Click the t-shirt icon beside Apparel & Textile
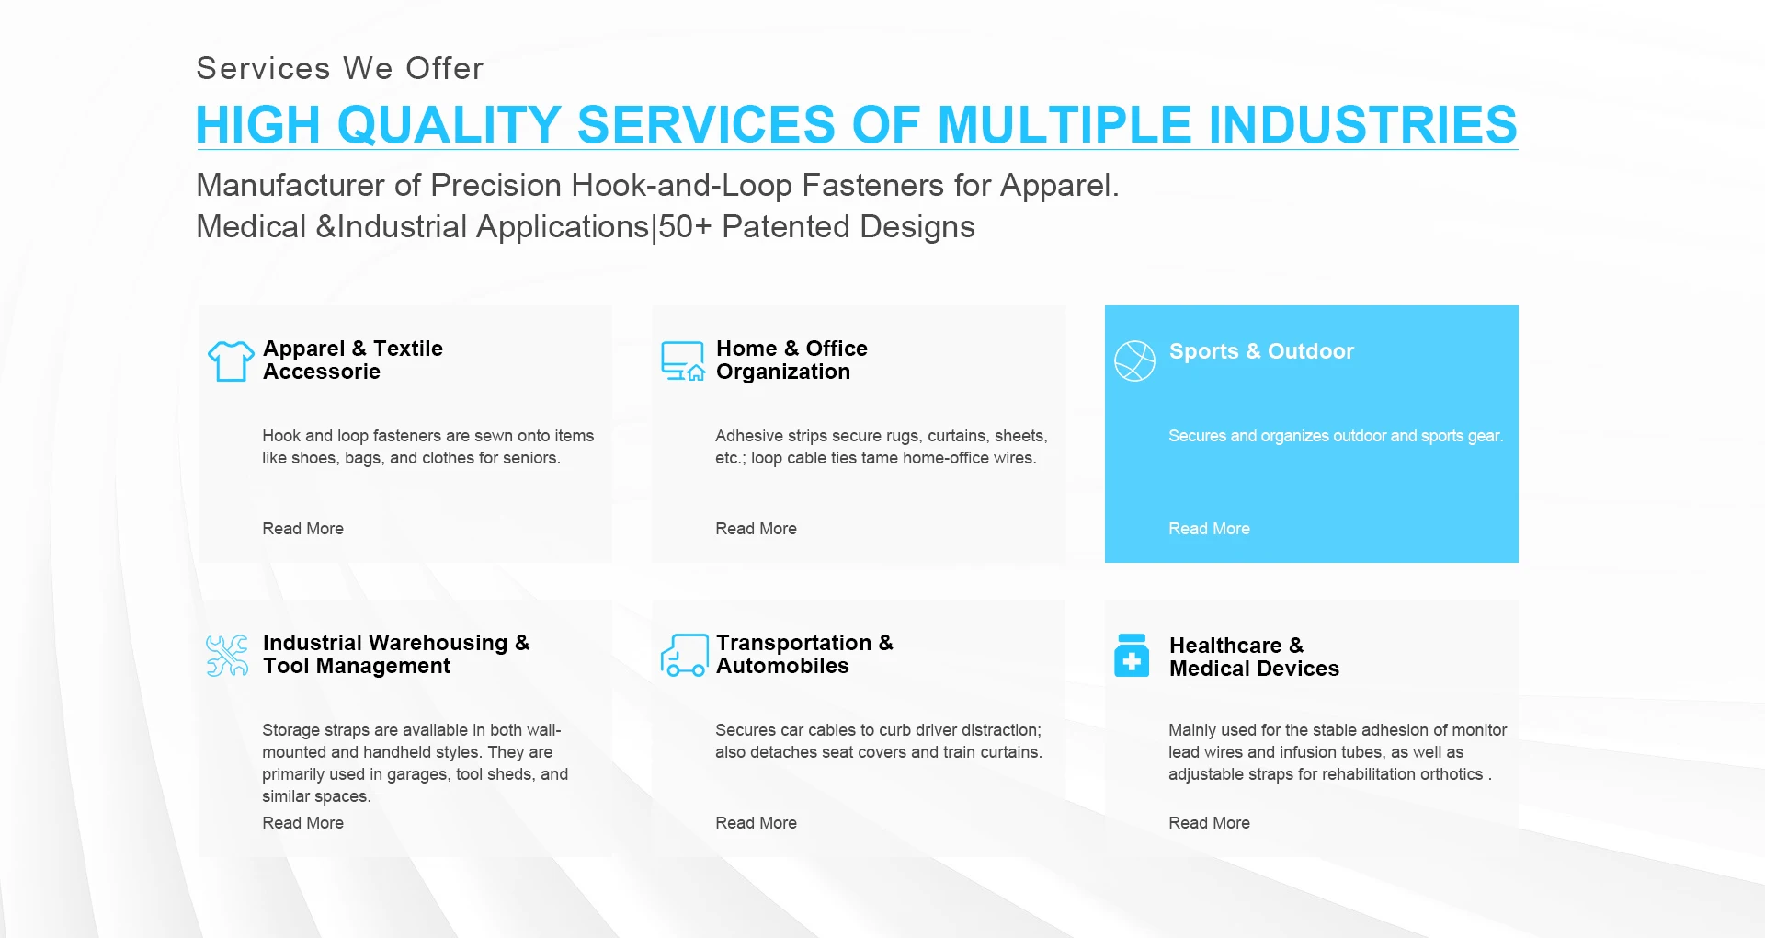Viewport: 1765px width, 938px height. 231,360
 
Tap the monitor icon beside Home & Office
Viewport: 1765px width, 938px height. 683,360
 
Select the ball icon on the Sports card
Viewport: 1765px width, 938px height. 1134,360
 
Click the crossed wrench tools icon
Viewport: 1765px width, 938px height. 227,656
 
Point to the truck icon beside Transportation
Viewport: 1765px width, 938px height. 684,655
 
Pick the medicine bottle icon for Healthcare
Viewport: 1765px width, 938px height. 1132,655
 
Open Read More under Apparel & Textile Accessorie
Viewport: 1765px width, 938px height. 302,529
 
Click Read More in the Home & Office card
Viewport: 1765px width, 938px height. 756,529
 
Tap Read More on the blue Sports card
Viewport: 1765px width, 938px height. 1209,529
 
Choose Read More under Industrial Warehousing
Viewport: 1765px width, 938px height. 302,823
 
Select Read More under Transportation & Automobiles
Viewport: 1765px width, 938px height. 756,823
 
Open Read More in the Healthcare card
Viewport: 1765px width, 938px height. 1209,823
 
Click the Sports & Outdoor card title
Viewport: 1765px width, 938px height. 1261,351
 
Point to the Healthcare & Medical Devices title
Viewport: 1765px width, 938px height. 1254,657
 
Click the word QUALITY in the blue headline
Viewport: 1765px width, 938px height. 449,125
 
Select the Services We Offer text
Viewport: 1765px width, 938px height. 340,68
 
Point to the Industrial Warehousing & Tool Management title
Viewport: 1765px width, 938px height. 396,654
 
